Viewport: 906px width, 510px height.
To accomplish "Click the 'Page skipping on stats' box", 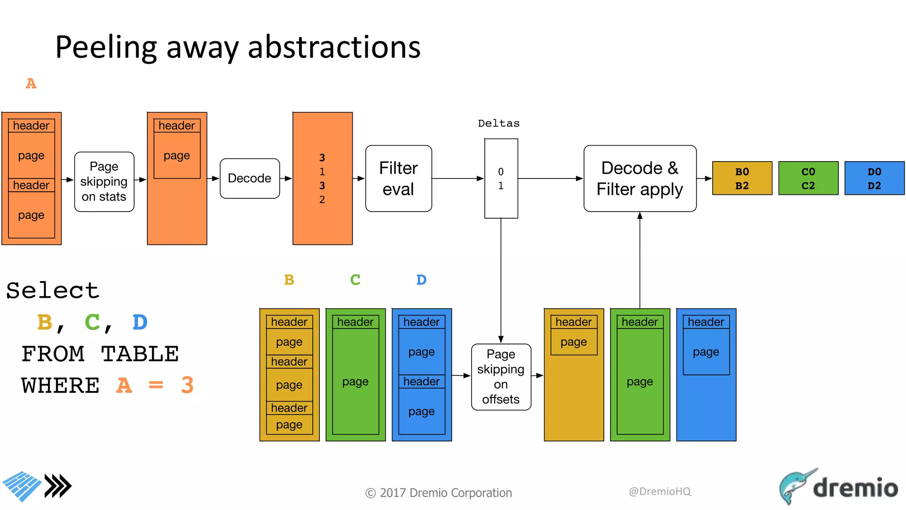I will pos(104,182).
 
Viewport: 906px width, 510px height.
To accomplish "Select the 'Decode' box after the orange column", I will pos(250,178).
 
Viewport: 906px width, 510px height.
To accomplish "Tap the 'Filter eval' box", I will pos(398,178).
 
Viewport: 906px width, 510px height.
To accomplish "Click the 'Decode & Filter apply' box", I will pos(640,178).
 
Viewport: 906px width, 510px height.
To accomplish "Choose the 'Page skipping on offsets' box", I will pos(501,377).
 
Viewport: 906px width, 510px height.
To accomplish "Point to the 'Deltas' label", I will pos(499,124).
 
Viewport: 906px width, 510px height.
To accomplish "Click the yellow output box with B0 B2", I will pos(742,178).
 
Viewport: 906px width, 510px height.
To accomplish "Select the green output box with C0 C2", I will pos(808,178).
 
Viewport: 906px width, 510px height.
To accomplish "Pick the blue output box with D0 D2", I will pos(874,178).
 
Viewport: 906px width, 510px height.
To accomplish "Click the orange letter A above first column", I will pos(31,83).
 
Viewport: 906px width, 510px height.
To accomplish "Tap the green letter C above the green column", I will pos(355,280).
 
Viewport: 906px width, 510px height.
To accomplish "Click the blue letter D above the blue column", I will pos(421,280).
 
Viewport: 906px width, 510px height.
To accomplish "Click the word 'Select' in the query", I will pos(53,291).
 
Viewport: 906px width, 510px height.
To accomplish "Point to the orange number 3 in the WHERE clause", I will pos(187,385).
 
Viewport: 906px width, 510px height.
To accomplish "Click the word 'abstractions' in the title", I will pos(334,47).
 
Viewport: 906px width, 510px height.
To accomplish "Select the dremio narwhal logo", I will pos(796,486).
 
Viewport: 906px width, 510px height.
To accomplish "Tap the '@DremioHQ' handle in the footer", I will pos(660,491).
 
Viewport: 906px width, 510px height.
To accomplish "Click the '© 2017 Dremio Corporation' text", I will pos(438,493).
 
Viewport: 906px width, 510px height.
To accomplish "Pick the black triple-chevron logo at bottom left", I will pos(58,486).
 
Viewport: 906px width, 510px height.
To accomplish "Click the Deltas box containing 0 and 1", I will pos(501,178).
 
